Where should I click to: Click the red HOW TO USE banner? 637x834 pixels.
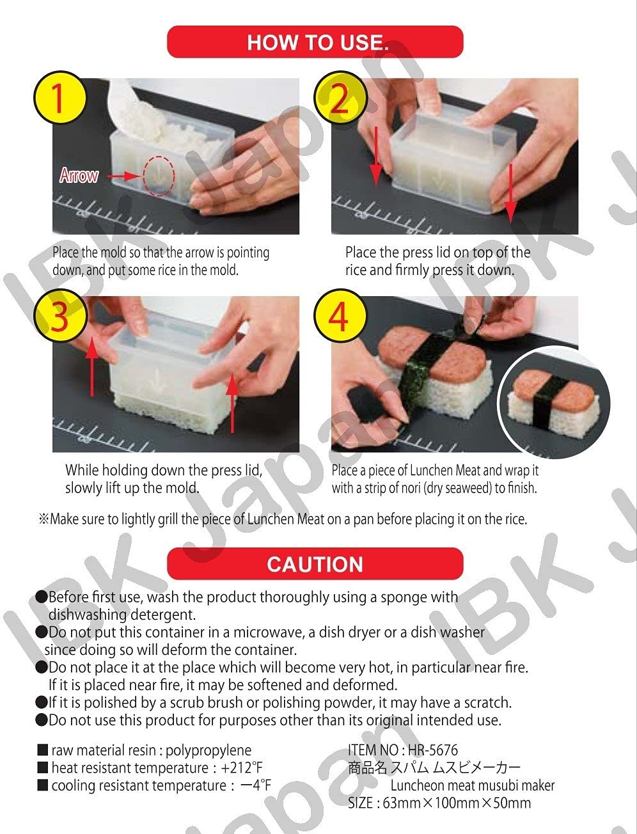(x=315, y=42)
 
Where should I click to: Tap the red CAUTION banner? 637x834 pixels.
(x=315, y=563)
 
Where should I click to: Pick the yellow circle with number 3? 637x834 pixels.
(x=59, y=317)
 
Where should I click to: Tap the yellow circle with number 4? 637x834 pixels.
(x=340, y=317)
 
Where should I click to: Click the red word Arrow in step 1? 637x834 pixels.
(x=79, y=175)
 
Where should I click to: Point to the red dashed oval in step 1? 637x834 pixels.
(x=157, y=175)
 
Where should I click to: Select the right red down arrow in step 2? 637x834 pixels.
(x=510, y=192)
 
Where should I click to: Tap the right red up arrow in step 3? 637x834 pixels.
(x=233, y=403)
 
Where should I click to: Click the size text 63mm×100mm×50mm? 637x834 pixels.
(x=457, y=803)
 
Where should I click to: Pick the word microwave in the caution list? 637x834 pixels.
(x=264, y=633)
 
